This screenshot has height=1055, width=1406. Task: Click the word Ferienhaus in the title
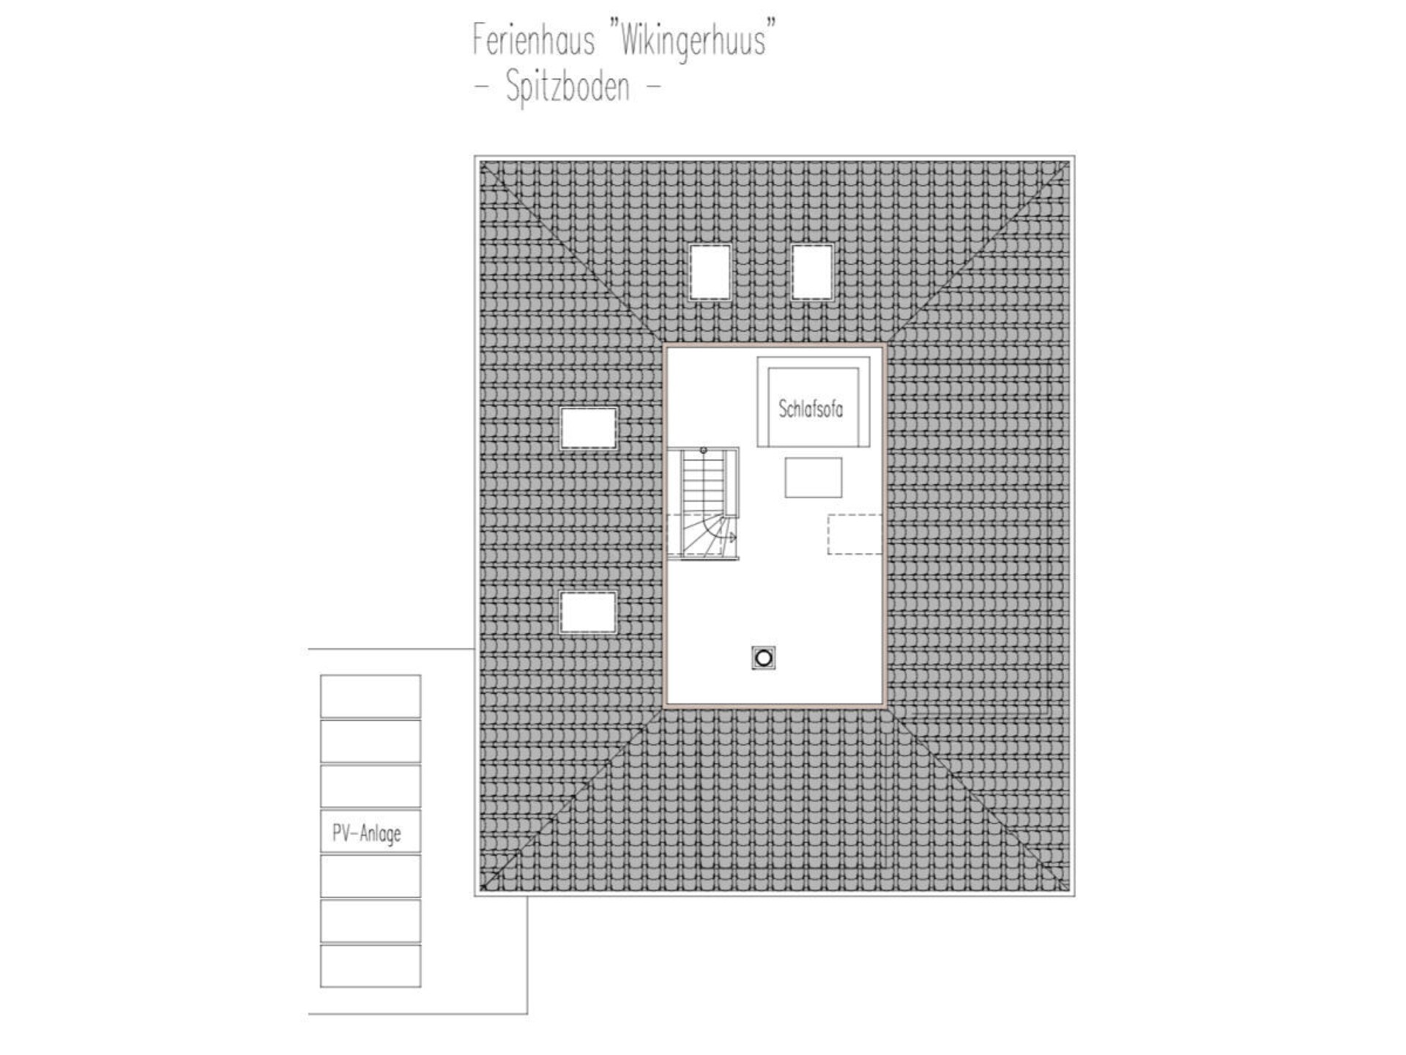tap(533, 40)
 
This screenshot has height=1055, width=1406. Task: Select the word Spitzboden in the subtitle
tap(568, 87)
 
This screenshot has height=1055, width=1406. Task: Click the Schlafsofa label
tap(811, 409)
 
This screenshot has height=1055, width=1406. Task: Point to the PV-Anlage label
tap(367, 834)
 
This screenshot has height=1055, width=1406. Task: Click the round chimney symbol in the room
tap(763, 658)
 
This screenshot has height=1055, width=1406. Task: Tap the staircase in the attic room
tap(703, 503)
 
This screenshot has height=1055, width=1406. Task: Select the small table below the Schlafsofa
tap(813, 478)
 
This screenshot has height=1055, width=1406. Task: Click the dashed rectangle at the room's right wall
tap(855, 534)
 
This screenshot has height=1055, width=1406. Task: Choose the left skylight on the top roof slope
tap(710, 273)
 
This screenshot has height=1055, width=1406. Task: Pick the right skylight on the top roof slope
tap(812, 273)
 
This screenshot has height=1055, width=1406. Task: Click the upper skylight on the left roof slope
tap(588, 428)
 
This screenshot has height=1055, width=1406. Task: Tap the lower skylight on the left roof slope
tap(588, 612)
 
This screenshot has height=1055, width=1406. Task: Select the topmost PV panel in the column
tap(371, 696)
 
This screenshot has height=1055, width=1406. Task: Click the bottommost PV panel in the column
tap(371, 966)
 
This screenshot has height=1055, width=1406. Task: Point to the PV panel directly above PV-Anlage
tap(371, 786)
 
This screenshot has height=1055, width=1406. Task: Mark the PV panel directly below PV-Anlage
tap(371, 876)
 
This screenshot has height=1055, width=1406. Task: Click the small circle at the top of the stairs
tap(703, 451)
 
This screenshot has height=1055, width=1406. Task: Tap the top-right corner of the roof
tap(1074, 156)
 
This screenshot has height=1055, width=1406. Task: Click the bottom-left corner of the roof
tap(475, 895)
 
